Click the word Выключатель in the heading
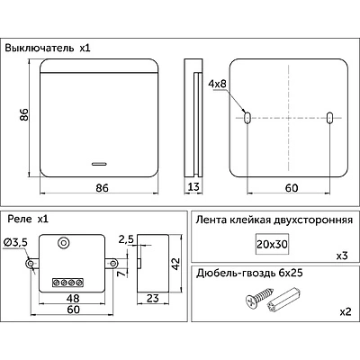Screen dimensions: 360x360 tap(40, 49)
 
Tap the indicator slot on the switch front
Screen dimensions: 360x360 tap(99, 164)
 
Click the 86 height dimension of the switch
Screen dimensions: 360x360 tap(24, 114)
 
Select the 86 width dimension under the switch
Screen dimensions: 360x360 tap(102, 188)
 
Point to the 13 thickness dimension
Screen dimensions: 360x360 tap(193, 187)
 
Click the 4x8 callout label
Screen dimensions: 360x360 tap(218, 84)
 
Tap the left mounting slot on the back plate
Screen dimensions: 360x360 tap(247, 118)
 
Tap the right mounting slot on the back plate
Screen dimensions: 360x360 tap(329, 118)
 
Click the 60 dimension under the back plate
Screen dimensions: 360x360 tap(292, 188)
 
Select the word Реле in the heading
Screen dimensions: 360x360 tap(20, 220)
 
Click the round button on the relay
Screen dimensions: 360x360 tap(63, 242)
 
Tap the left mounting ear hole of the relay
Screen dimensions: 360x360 tap(30, 264)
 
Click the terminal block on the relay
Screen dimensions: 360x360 tap(67, 283)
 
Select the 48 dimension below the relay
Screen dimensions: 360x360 tap(72, 298)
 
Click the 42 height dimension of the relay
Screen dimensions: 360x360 tap(175, 264)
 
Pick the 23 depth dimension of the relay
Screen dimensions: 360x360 tap(153, 298)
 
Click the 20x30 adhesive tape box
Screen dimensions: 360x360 tap(272, 244)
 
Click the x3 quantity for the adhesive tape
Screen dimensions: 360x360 tap(342, 256)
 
